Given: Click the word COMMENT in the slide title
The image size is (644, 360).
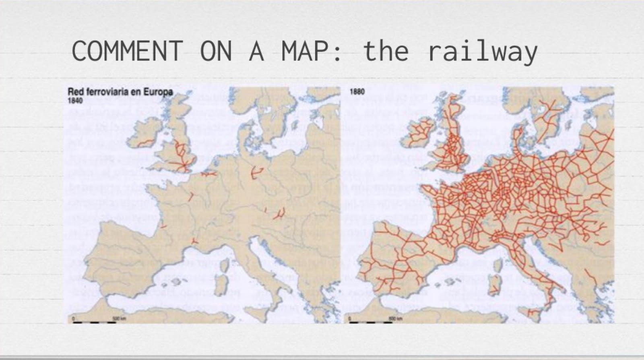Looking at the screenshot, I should pos(127,51).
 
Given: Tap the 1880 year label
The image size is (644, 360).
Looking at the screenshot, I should pos(357,92).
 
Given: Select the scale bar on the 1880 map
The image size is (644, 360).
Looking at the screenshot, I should pos(370,322).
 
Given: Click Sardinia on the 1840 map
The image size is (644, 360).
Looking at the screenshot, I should pos(221,284).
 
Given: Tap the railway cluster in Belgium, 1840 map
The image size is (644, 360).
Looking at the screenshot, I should pos(208,174).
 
